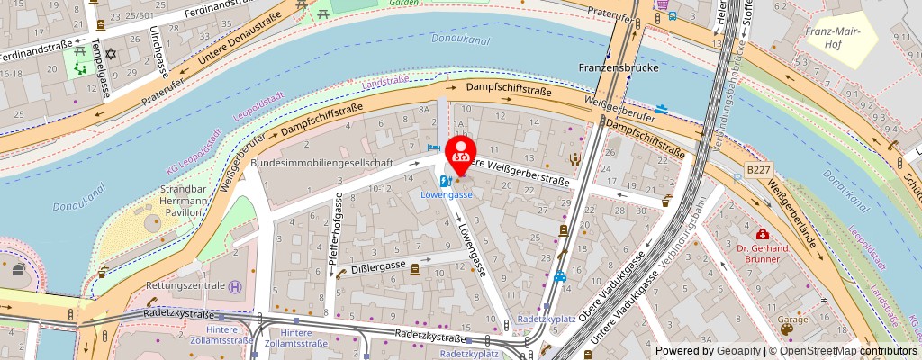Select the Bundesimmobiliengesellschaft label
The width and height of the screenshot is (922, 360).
(x=321, y=163)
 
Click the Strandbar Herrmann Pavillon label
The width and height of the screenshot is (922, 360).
(x=190, y=203)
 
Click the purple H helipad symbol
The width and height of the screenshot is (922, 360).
(x=235, y=287)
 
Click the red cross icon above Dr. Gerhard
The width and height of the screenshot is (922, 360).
(x=763, y=234)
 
